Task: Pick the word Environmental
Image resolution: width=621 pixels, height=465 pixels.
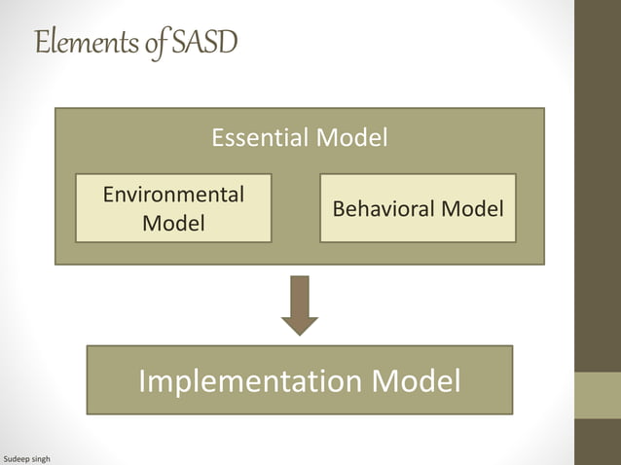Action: click(x=173, y=194)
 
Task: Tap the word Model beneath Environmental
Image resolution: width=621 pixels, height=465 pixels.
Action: click(x=173, y=223)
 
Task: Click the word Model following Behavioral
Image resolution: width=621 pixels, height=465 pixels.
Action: click(x=471, y=208)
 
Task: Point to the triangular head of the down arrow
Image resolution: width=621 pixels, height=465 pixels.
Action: click(x=300, y=325)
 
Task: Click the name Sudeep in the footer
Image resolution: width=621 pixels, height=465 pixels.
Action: click(x=17, y=457)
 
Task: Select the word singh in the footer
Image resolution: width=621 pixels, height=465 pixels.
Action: click(x=41, y=457)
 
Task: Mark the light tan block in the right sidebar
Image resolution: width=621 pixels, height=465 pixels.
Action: click(x=597, y=395)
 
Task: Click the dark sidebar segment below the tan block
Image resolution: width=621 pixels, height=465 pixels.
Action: click(x=597, y=442)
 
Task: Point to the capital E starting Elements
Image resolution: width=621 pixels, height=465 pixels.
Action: click(x=41, y=44)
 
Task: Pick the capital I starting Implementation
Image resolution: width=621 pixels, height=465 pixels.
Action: click(x=143, y=380)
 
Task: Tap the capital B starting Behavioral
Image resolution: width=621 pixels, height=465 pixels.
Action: click(x=338, y=208)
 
